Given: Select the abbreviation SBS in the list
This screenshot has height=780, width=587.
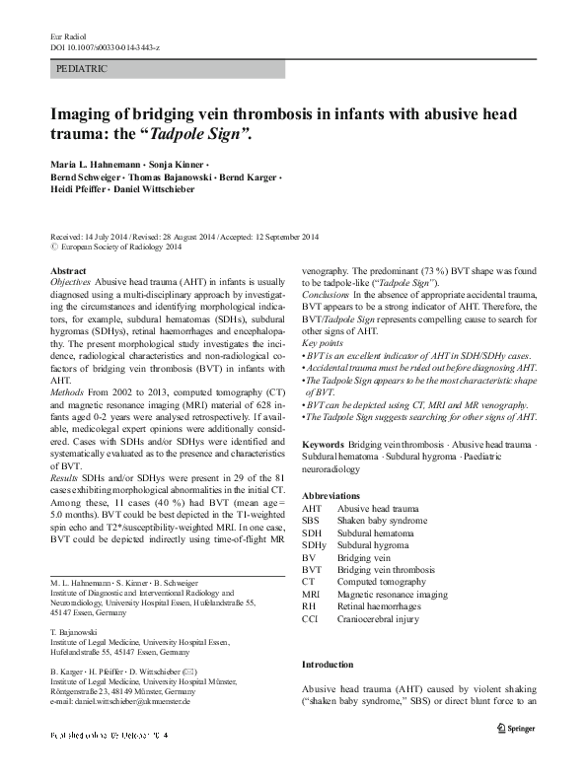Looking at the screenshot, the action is [311, 520].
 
